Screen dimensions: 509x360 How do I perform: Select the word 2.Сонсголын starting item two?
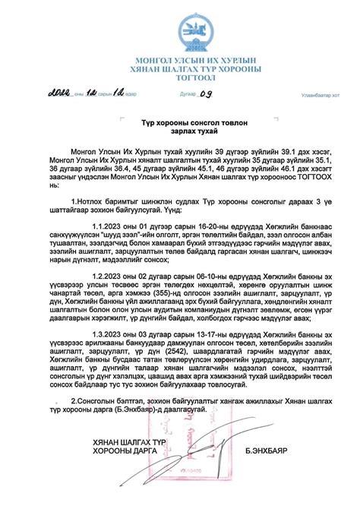click(x=99, y=400)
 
